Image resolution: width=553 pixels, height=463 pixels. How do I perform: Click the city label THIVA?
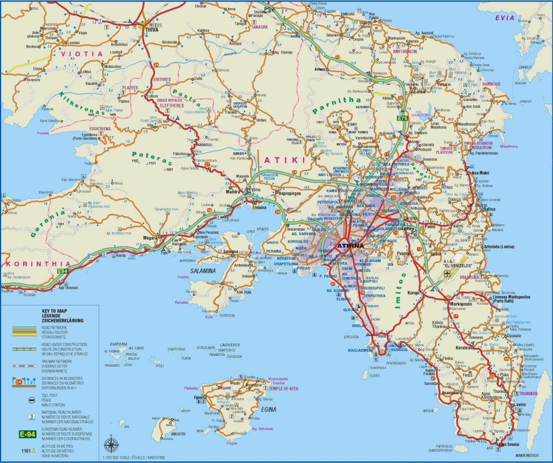point(150,30)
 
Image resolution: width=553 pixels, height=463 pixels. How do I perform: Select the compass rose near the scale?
point(112,445)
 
